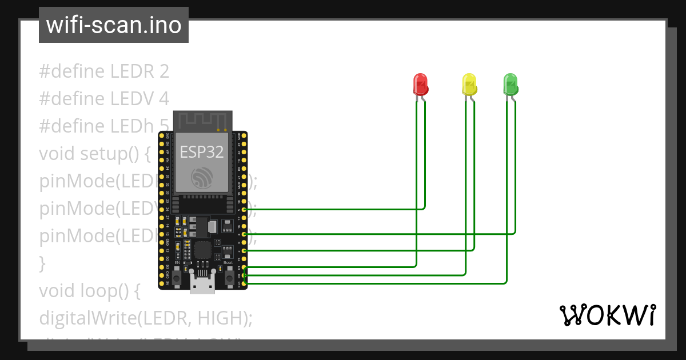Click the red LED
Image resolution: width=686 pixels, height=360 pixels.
pos(421,84)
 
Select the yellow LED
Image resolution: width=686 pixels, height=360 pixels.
pos(469,84)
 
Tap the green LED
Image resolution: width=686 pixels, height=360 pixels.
pos(510,84)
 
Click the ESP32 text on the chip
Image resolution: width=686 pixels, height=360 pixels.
pos(202,151)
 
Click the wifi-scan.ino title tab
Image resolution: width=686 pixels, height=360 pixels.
pos(114,25)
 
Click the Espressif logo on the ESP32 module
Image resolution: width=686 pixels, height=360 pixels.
pos(202,178)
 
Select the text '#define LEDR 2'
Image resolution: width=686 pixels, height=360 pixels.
pos(104,71)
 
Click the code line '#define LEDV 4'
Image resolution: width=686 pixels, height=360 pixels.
pos(104,99)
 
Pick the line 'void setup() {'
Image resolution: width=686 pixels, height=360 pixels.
pos(95,154)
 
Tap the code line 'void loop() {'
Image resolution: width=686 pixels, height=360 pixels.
pos(90,291)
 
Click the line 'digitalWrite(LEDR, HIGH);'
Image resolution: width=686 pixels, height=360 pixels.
pos(146,318)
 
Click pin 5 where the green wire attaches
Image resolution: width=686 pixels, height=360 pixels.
pos(245,210)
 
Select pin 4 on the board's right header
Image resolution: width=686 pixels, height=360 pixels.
pos(245,234)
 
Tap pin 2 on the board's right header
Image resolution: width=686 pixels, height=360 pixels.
pos(245,250)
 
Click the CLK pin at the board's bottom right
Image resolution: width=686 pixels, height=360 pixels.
pos(245,283)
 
